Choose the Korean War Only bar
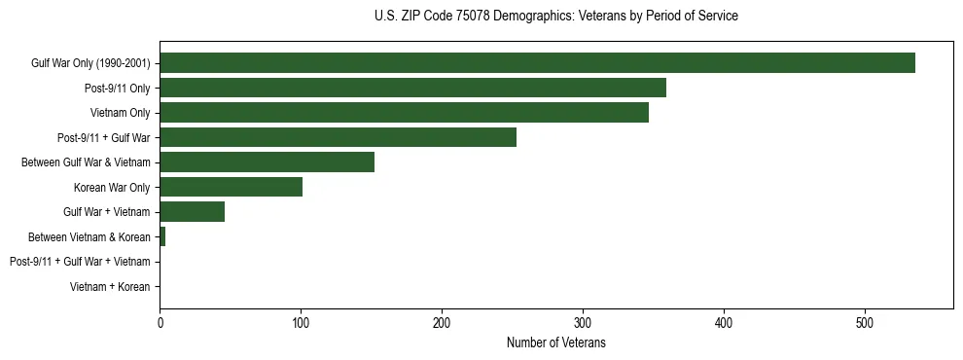(231, 187)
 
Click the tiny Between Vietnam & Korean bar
(162, 236)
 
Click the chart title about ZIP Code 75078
(555, 17)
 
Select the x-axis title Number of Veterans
(555, 342)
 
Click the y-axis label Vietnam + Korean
(110, 286)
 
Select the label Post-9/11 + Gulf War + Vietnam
(80, 262)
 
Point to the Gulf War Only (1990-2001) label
(90, 63)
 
